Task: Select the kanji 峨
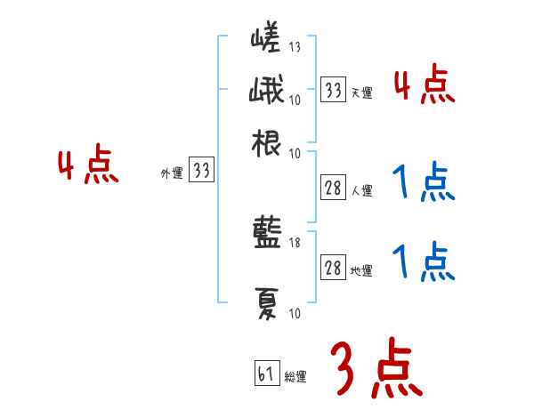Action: click(266, 92)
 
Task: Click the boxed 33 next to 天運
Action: click(333, 89)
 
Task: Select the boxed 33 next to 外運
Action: click(201, 171)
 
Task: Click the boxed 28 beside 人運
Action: click(333, 188)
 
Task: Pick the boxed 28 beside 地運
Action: click(333, 269)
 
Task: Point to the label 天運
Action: click(361, 92)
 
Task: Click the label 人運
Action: click(361, 190)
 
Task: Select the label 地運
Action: click(361, 271)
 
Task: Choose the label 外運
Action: click(172, 174)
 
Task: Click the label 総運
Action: click(295, 376)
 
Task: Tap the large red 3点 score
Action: click(375, 367)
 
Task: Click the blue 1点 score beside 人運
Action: click(422, 182)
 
